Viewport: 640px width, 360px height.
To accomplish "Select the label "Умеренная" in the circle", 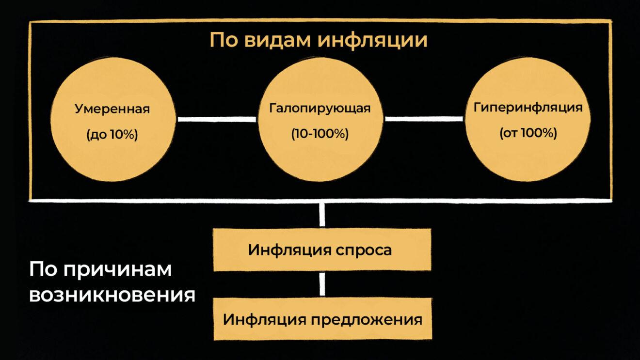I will click(x=112, y=109).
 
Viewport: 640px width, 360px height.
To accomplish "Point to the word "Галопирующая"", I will click(x=320, y=108).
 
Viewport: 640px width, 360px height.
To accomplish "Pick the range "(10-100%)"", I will click(x=320, y=134).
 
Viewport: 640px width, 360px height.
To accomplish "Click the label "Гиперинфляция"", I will click(x=528, y=107).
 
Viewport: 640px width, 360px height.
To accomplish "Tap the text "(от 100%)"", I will click(x=528, y=133).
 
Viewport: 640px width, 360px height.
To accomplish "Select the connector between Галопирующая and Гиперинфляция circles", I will click(x=423, y=118).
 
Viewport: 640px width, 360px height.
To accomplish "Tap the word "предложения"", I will click(x=367, y=320).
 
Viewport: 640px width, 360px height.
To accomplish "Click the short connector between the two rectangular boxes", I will click(x=322, y=284).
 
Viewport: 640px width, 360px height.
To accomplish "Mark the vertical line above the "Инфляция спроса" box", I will click(x=322, y=214).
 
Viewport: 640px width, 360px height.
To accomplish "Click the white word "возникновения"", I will click(x=112, y=295).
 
